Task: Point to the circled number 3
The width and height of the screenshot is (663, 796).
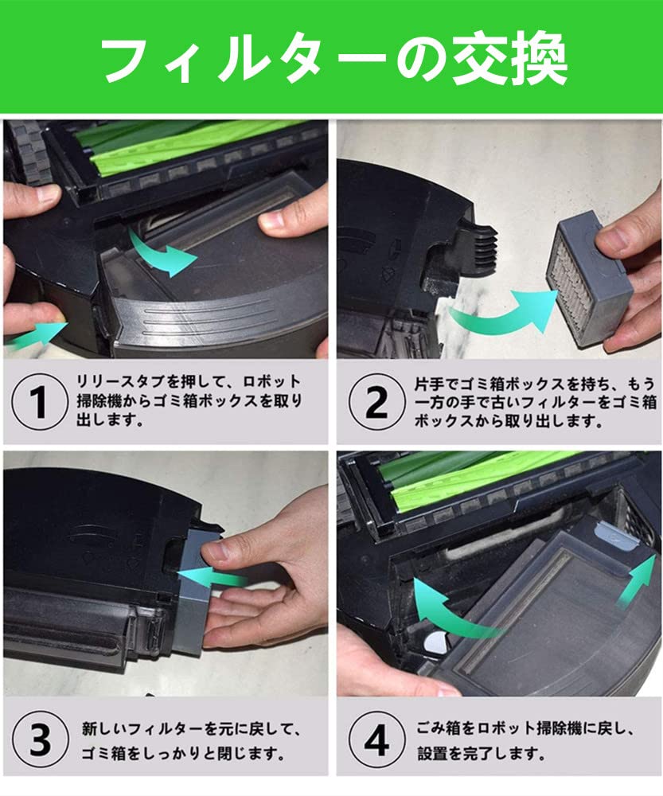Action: click(x=38, y=739)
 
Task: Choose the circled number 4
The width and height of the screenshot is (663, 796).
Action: click(x=375, y=739)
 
